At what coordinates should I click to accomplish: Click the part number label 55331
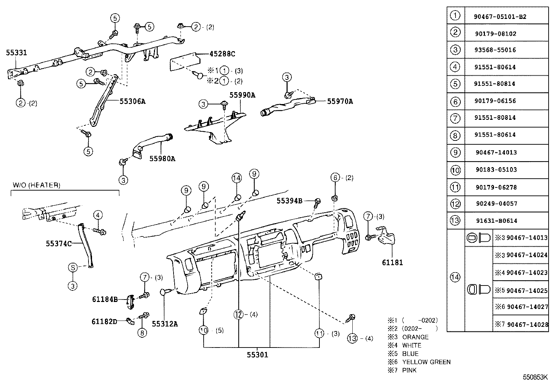pos(16,53)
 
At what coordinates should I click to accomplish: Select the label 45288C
pos(222,54)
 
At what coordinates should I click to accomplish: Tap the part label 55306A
pos(132,102)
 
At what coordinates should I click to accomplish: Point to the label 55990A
pos(242,95)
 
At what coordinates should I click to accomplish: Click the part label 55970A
pos(340,102)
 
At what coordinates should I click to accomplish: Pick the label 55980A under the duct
pos(162,159)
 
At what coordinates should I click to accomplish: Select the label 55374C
pos(58,243)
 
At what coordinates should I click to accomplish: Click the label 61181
pos(392,263)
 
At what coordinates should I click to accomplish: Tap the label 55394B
pos(289,201)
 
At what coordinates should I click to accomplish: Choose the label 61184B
pos(105,300)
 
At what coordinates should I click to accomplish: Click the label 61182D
pos(104,321)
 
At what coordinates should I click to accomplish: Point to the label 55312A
pos(165,324)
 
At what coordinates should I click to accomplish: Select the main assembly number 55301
pos(258,355)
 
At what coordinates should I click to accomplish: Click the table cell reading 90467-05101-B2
pos(500,16)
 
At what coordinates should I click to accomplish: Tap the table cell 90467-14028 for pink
pos(527,324)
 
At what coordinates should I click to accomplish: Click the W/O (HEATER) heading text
pos(36,185)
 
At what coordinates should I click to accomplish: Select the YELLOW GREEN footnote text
pos(426,362)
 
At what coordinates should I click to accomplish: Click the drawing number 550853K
pos(535,377)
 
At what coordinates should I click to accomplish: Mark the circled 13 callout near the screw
pos(353,338)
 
